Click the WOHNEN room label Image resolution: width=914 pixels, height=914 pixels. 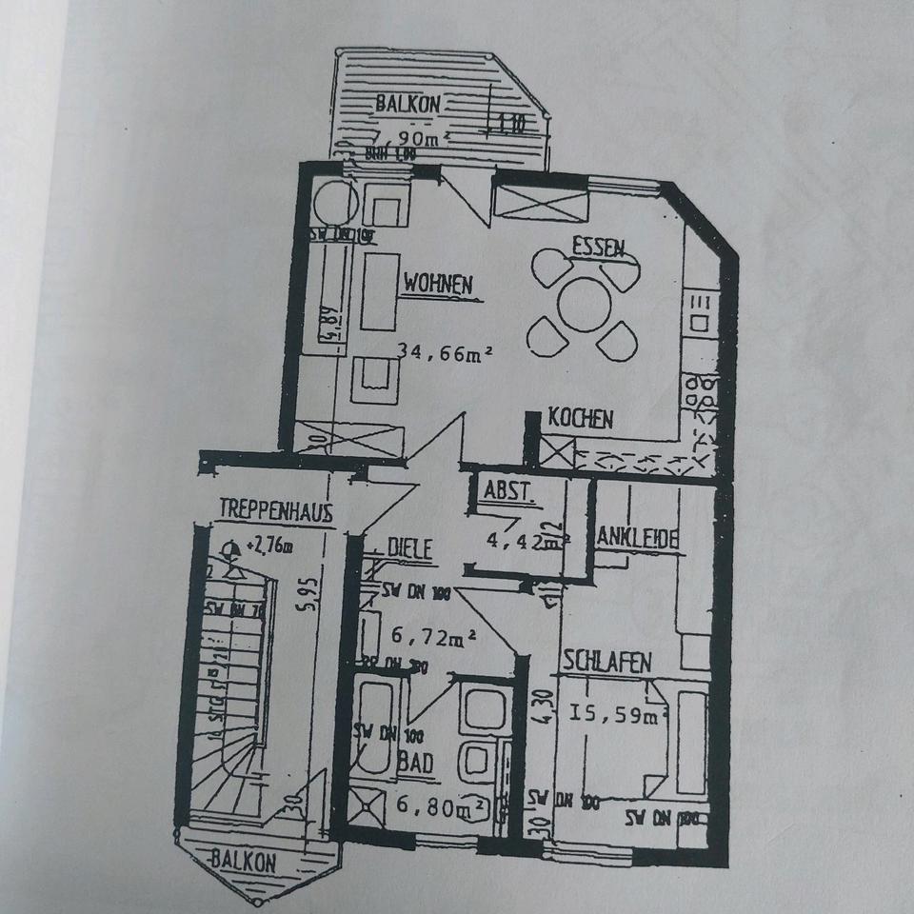click(439, 283)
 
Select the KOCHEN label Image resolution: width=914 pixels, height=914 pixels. click(581, 419)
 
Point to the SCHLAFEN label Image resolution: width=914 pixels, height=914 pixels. click(607, 662)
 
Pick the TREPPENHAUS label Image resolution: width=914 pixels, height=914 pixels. click(275, 511)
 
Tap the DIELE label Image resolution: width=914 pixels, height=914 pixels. click(410, 547)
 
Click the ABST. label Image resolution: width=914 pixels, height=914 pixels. click(510, 493)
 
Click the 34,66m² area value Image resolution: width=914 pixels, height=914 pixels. click(446, 354)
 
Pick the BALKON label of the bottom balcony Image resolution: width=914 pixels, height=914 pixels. click(245, 863)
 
